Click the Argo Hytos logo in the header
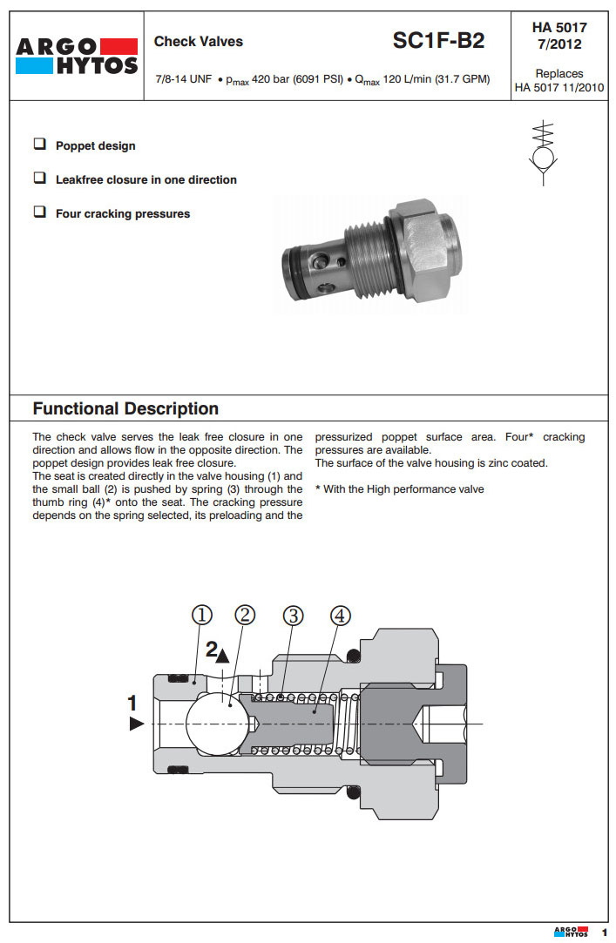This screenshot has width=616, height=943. (x=77, y=56)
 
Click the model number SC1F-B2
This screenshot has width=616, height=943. (x=438, y=40)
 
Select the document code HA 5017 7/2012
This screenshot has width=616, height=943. (x=559, y=36)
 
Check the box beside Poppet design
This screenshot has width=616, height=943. (x=39, y=145)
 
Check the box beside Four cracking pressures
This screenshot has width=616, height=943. (x=39, y=212)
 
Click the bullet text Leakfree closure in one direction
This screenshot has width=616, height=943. (x=146, y=179)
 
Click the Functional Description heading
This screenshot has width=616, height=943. (x=125, y=408)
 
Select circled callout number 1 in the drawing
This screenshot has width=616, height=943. (x=202, y=615)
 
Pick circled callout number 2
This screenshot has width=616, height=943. (x=246, y=615)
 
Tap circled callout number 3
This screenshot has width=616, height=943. (x=293, y=615)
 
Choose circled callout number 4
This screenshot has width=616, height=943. (x=340, y=615)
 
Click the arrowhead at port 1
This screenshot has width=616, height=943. (x=136, y=724)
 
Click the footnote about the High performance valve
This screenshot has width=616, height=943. (x=399, y=489)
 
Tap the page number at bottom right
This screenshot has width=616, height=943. (x=604, y=933)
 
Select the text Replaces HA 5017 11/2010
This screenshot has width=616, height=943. (x=559, y=80)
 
